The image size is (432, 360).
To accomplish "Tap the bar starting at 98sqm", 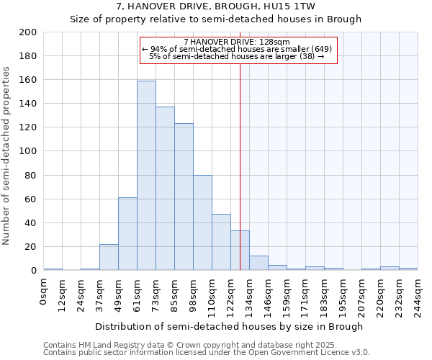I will tap(202, 222).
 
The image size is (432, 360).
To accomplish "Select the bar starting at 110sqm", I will tap(221, 242).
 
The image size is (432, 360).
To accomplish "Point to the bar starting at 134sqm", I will tap(258, 264).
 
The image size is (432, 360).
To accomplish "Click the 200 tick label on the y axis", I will tap(28, 32).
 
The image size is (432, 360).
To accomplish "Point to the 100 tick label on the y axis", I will tap(28, 151).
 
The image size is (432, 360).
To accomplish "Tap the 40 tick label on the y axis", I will tap(31, 222).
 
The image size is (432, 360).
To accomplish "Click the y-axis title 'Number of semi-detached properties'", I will tap(7, 156).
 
